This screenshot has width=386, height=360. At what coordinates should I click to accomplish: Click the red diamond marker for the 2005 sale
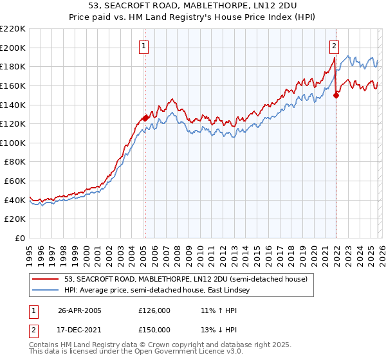[x=146, y=118]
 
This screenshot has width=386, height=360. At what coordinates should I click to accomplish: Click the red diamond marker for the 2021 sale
[x=336, y=95]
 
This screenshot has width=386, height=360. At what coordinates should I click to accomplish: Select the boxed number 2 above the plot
[x=335, y=46]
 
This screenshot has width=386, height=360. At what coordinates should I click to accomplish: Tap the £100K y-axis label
[x=13, y=143]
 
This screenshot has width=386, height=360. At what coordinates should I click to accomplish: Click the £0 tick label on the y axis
[x=19, y=238]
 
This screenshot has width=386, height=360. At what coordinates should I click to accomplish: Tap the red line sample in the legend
[x=46, y=279]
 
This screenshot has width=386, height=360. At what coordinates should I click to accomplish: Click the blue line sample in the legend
[x=46, y=290]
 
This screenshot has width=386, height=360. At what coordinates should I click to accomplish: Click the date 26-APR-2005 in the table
[x=78, y=310]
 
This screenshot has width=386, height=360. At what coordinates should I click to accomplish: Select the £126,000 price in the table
[x=154, y=310]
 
